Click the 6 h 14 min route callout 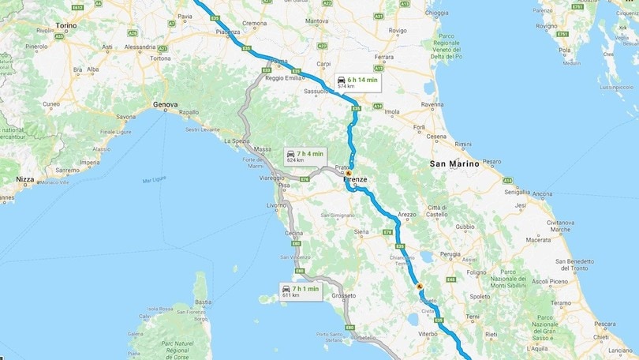pyautogui.click(x=356, y=82)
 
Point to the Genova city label pyautogui.click(x=166, y=104)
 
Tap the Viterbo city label pyautogui.click(x=428, y=334)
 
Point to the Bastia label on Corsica pyautogui.click(x=203, y=302)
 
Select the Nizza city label pyautogui.click(x=24, y=179)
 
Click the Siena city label pyautogui.click(x=362, y=232)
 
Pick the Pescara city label pyautogui.click(x=604, y=324)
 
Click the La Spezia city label pyautogui.click(x=237, y=141)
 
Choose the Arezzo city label pyautogui.click(x=407, y=214)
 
